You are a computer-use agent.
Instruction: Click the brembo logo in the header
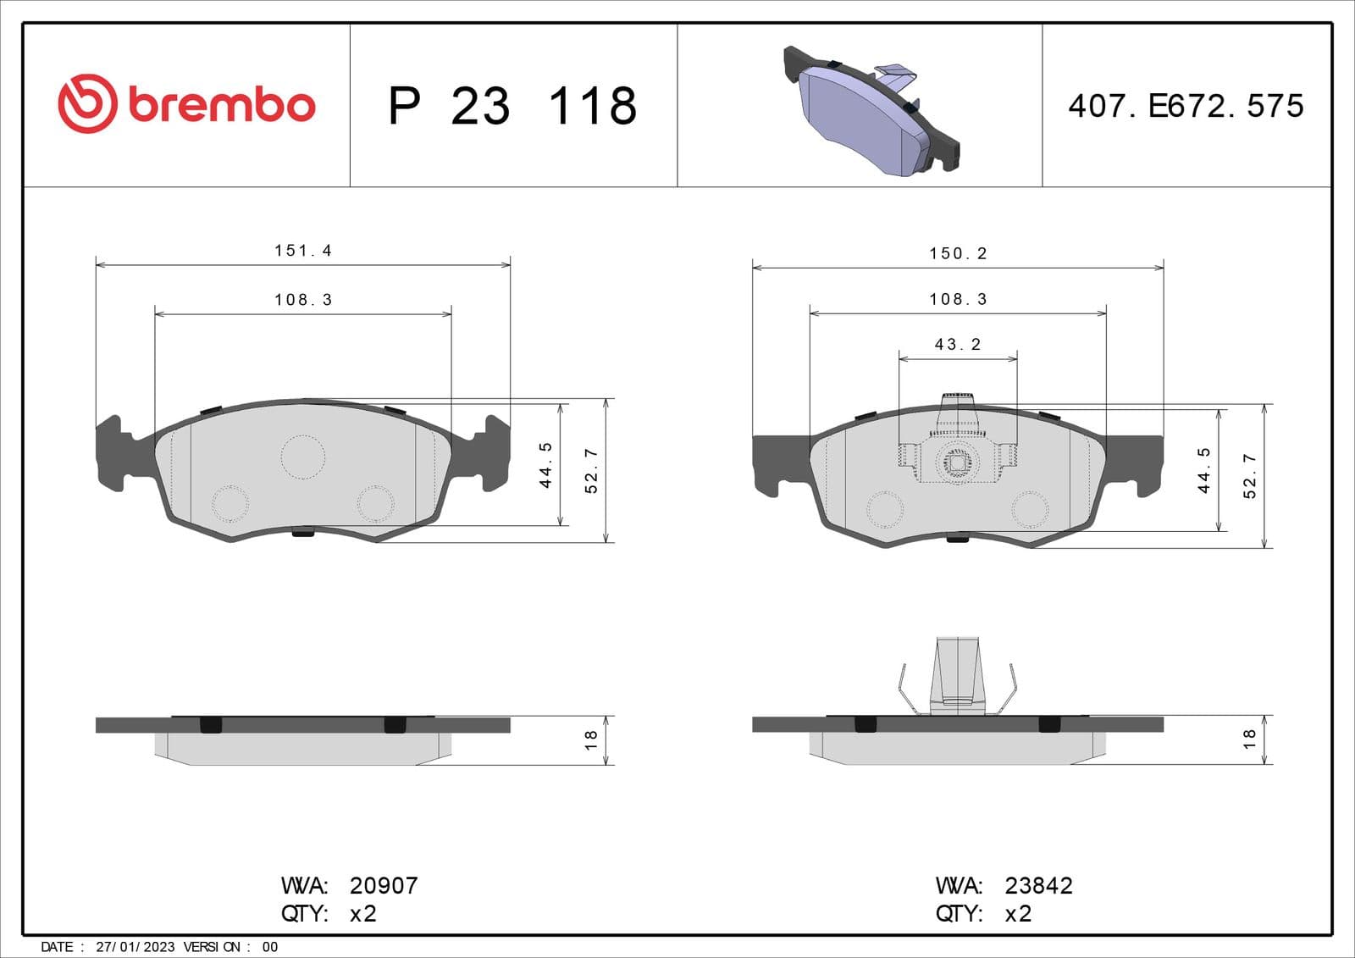pos(186,104)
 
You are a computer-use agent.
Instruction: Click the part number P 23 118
pos(512,106)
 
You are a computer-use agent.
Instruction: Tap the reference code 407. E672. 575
pos(1185,106)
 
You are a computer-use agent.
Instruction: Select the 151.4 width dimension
pos(302,251)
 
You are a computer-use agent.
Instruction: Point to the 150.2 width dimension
pos(958,253)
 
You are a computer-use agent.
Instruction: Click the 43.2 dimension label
pos(957,345)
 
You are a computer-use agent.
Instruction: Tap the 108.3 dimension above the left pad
pos(302,300)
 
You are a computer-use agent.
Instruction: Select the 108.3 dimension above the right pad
pos(958,299)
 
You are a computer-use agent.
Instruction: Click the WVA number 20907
pos(384,885)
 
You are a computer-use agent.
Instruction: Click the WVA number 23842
pos(1038,885)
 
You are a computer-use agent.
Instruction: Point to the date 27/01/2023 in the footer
pos(135,947)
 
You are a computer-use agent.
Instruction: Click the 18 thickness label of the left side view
pos(591,739)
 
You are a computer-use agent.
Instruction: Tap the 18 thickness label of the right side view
pos(1249,739)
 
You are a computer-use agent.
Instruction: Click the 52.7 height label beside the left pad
pos(591,471)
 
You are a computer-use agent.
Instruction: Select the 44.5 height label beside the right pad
pos(1203,471)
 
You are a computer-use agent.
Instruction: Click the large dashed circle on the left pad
pos(302,457)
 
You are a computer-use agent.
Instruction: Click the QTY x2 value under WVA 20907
pos(362,914)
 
